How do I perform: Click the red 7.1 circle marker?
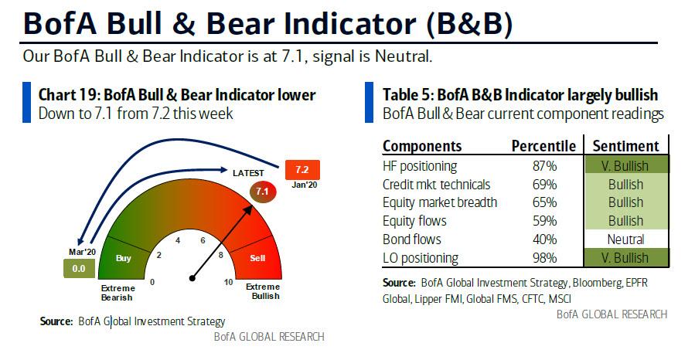click(x=263, y=192)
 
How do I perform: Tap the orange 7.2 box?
click(x=302, y=170)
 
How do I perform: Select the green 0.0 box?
click(x=79, y=269)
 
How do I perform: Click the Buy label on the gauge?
click(x=124, y=258)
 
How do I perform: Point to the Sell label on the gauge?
click(x=257, y=258)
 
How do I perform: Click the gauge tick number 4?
click(x=178, y=240)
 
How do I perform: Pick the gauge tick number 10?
click(x=228, y=282)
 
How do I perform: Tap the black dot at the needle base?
click(x=192, y=278)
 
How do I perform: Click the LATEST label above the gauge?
click(x=248, y=173)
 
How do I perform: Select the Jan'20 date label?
click(x=305, y=185)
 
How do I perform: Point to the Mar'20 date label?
click(x=83, y=252)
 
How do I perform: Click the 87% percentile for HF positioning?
click(x=545, y=166)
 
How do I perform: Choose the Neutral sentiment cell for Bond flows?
click(x=625, y=239)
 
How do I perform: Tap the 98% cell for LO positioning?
click(x=545, y=258)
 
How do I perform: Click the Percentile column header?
click(x=543, y=146)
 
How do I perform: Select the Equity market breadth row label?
click(x=440, y=203)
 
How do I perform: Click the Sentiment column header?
click(x=626, y=146)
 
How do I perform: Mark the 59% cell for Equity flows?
click(x=545, y=221)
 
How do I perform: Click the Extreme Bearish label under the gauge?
click(x=118, y=293)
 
